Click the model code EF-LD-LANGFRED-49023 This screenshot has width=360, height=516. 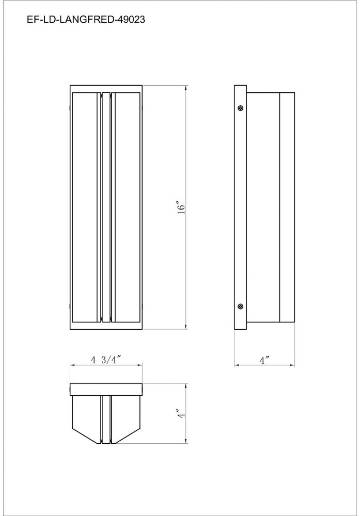[86, 20]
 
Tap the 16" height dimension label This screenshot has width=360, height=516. [181, 207]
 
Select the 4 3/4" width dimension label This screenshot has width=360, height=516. [104, 360]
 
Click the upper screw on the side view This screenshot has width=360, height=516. [241, 108]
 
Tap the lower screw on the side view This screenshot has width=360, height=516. [241, 307]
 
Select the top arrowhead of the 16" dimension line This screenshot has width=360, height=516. [186, 88]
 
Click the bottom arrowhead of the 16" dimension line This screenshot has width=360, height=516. [186, 327]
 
